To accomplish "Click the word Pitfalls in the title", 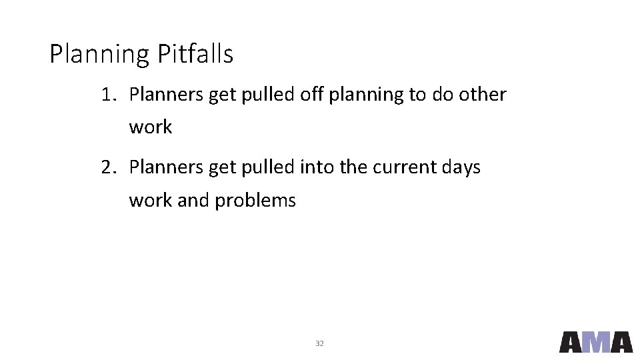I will pos(195,54).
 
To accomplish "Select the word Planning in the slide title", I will pos(100,55).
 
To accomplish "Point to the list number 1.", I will pos(108,95).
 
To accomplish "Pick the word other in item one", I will pos(483,95).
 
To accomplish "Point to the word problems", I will pos(255,200).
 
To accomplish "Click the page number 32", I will pos(319,343).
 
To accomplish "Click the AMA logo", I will pos(595,341).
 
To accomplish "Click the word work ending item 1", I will pos(151,127).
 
